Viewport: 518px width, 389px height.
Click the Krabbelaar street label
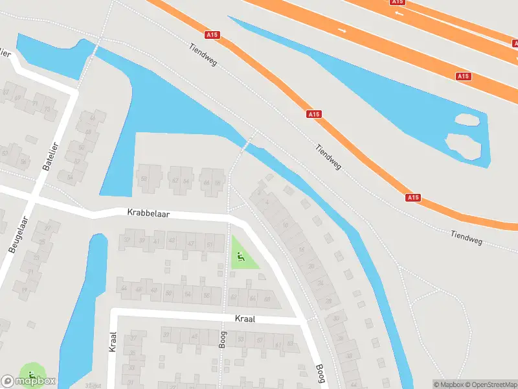pos(148,212)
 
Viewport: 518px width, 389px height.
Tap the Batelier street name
pos(50,156)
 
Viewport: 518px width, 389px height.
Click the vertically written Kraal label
pos(113,342)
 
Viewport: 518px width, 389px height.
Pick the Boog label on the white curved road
pos(320,374)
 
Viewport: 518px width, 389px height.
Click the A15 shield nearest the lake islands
pos(462,77)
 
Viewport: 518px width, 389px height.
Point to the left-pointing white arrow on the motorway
pos(399,13)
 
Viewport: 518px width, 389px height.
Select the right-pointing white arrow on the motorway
pos(342,30)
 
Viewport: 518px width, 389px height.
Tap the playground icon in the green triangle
pos(241,257)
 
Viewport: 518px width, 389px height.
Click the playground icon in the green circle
pos(32,375)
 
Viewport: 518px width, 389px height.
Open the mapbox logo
pos(28,381)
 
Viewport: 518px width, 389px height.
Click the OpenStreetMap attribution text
pos(490,384)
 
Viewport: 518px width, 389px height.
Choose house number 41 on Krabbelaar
pos(156,241)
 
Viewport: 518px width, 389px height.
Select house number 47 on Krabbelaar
pos(190,243)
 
